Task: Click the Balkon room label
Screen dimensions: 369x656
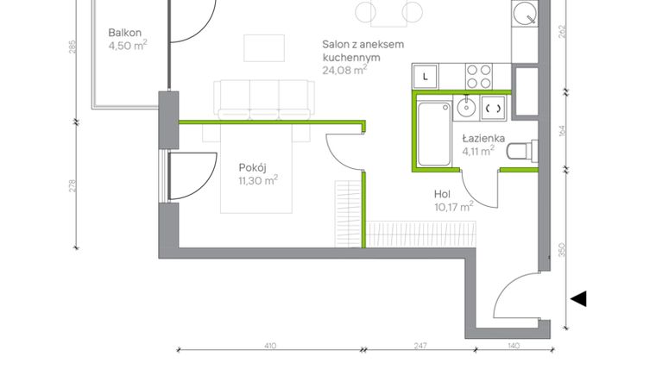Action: (126, 33)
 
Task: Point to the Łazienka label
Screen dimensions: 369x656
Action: (478, 137)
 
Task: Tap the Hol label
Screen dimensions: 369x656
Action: (442, 194)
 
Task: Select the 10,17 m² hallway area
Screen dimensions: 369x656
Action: (454, 207)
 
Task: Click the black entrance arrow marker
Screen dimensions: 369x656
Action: (578, 298)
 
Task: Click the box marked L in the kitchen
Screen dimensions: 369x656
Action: (426, 76)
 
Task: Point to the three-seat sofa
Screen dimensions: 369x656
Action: (263, 100)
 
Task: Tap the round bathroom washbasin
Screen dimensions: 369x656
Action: (465, 107)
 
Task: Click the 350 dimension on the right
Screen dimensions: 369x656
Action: (563, 250)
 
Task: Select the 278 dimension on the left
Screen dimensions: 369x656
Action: (73, 186)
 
